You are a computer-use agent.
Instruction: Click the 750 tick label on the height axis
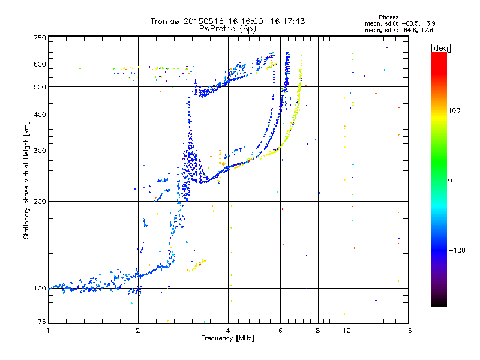[x=39, y=38]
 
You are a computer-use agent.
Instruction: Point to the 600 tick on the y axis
[x=39, y=64]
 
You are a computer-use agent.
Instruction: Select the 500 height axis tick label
[x=39, y=87]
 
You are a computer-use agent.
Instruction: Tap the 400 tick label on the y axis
[x=39, y=115]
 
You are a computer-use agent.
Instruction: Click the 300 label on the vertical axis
[x=39, y=151]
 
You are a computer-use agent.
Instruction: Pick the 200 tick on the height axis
[x=39, y=202]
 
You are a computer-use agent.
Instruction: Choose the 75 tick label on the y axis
[x=41, y=323]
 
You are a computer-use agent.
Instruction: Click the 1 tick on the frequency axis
[x=49, y=330]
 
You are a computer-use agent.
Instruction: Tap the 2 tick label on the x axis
[x=138, y=330]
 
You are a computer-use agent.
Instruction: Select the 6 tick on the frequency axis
[x=281, y=330]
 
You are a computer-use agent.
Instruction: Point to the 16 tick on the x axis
[x=407, y=330]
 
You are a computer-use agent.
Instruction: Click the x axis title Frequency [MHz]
[x=227, y=338]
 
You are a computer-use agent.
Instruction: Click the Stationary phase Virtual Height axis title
[x=26, y=180]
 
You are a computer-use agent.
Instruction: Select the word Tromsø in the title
[x=166, y=21]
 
